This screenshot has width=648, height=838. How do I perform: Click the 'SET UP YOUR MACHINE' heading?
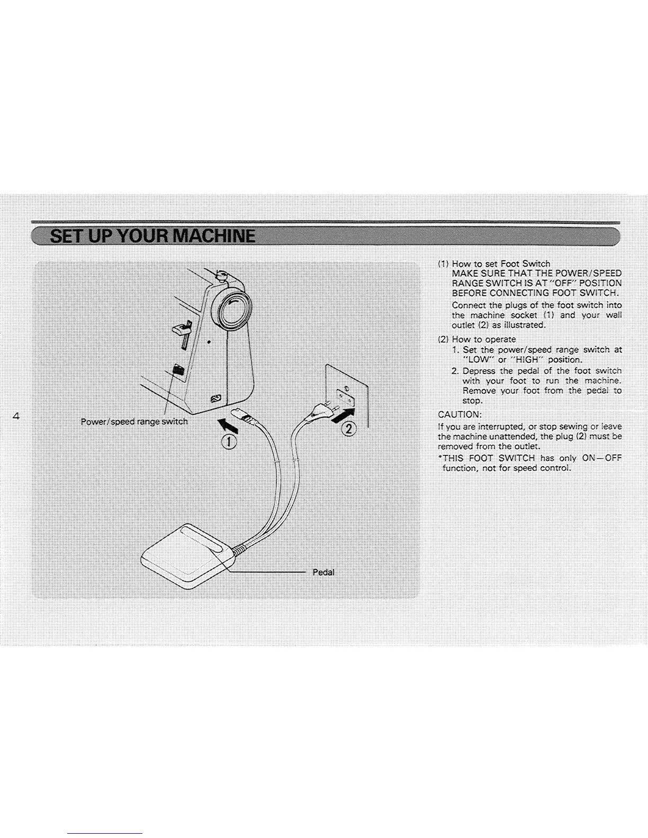pyautogui.click(x=152, y=236)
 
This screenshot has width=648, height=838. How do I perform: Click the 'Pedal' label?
pyautogui.click(x=323, y=572)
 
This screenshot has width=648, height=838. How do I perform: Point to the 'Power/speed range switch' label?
pyautogui.click(x=134, y=422)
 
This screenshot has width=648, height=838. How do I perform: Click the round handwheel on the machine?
pyautogui.click(x=231, y=305)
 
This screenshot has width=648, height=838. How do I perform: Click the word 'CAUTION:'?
pyautogui.click(x=460, y=414)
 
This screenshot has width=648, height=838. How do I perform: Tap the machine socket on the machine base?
pyautogui.click(x=216, y=398)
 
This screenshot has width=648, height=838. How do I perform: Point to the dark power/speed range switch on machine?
pyautogui.click(x=178, y=370)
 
